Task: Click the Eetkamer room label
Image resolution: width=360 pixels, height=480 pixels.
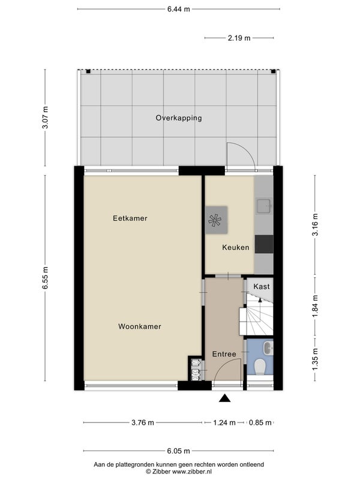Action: point(130,218)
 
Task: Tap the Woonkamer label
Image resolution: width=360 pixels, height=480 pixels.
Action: point(140,326)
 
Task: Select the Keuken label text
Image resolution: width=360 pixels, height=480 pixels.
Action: point(235,247)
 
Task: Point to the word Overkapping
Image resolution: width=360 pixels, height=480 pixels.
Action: point(179,118)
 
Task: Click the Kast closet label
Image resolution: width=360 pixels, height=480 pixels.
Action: point(262,287)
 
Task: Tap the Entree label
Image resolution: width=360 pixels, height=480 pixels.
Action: point(224,354)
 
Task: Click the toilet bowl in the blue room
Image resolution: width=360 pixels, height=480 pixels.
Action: point(260,367)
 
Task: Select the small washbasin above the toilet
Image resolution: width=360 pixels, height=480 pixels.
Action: point(268,348)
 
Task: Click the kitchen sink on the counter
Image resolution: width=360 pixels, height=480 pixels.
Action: point(264,206)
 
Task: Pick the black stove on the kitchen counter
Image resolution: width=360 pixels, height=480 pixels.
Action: point(264,244)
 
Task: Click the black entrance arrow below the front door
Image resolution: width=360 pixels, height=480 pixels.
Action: point(224,398)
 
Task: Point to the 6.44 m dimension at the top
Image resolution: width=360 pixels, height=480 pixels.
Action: point(178,9)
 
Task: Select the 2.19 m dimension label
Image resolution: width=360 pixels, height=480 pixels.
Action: point(239,38)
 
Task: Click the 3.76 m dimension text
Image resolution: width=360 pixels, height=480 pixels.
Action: point(143,423)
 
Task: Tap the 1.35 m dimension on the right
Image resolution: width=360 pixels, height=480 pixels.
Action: point(315,359)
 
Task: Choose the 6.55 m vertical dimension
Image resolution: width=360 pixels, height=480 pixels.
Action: point(46,278)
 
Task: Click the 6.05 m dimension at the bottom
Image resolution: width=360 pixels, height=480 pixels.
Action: point(178,451)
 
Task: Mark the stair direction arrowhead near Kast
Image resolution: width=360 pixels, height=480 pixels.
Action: point(260,299)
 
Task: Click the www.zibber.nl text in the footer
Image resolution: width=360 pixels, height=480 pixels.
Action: point(191,472)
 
